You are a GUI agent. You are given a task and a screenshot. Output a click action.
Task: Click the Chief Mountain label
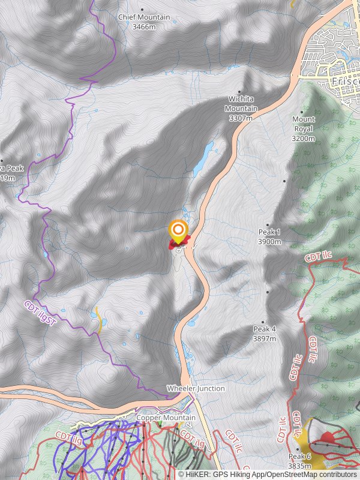tap(144, 18)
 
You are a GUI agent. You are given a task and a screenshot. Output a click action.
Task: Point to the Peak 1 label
tap(269, 232)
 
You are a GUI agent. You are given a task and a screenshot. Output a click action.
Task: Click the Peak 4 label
tap(265, 329)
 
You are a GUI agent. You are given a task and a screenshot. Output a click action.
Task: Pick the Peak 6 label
tap(299, 456)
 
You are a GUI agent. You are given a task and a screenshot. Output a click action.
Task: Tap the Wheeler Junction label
tap(196, 388)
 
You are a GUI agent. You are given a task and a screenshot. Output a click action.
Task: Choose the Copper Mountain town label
tap(166, 418)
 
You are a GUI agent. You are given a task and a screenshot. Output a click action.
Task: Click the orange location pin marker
tap(178, 230)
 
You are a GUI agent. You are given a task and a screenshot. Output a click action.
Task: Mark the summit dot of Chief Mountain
tap(142, 10)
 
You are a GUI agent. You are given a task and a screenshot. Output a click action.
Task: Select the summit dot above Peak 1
tap(268, 225)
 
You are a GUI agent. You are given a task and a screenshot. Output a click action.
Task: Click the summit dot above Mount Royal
tap(302, 112)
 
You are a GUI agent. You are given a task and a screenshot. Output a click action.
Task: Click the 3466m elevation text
tap(144, 27)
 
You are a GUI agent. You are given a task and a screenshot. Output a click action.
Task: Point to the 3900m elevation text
tap(269, 242)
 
